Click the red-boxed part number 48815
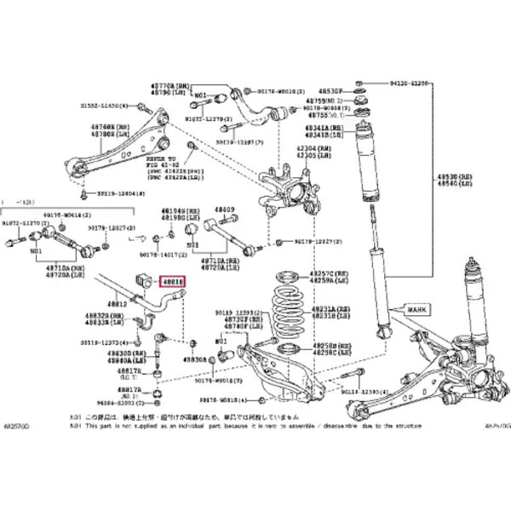coord(174,280)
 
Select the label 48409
coord(225,210)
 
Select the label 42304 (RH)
coord(313,148)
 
